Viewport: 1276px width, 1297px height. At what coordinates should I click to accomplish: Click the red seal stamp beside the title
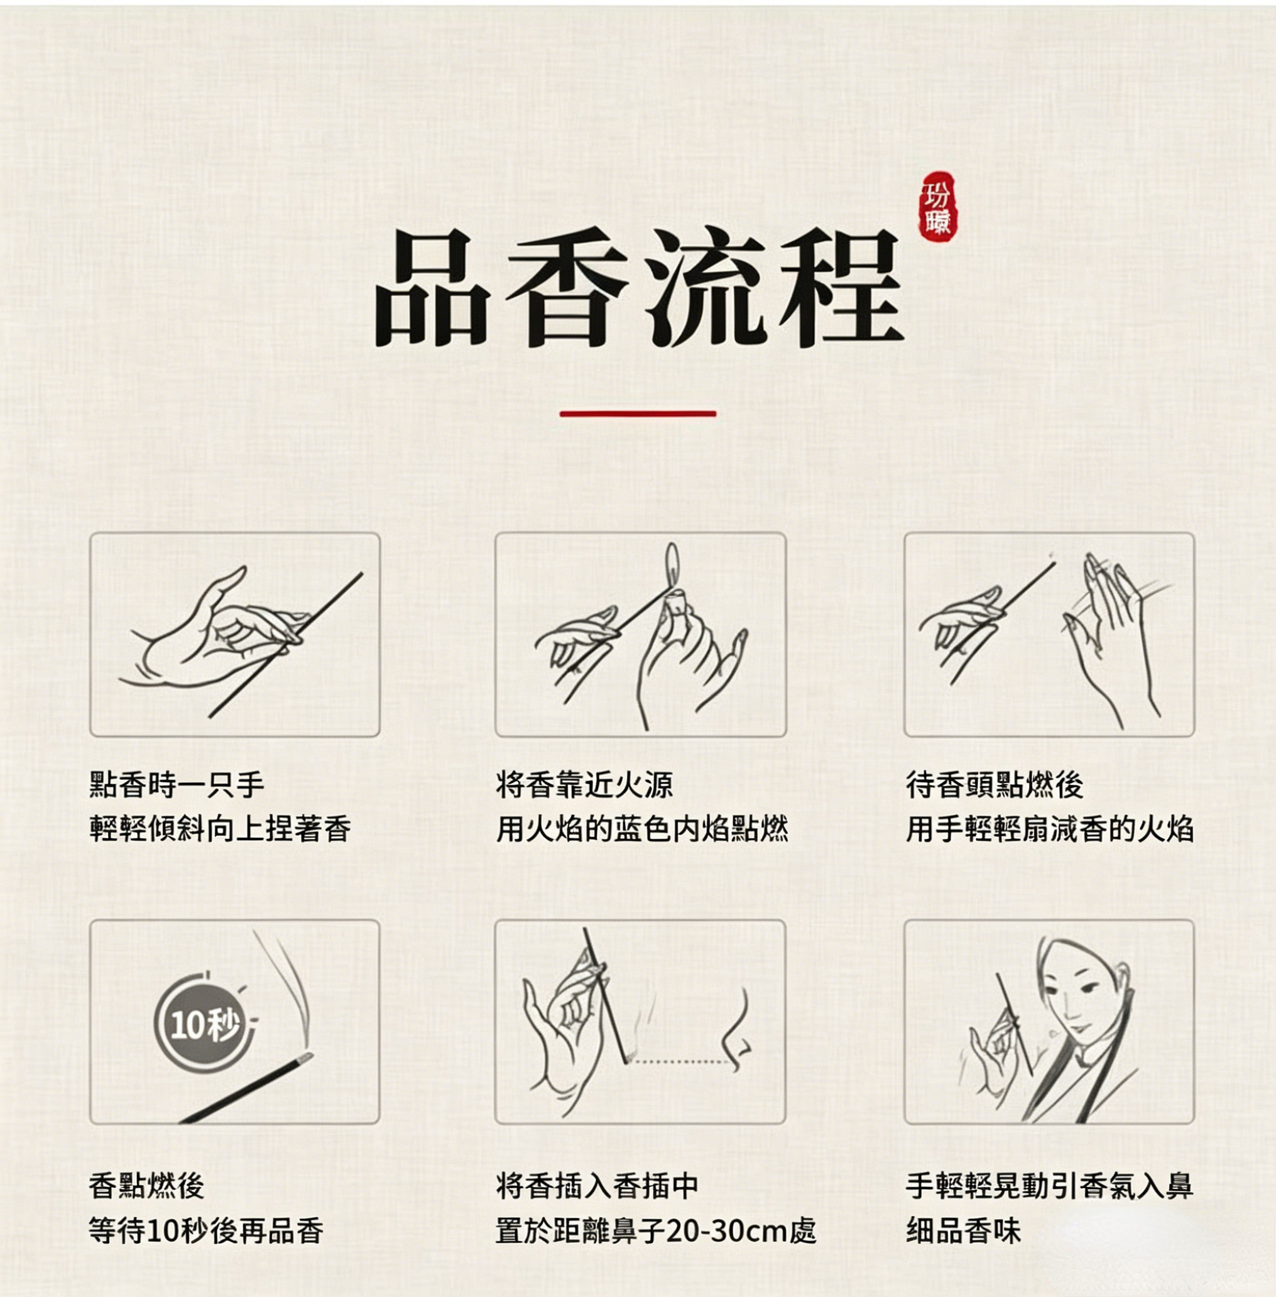[937, 207]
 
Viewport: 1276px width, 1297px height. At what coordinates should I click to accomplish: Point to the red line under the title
[638, 413]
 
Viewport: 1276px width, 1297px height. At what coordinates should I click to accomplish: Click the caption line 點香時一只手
[177, 785]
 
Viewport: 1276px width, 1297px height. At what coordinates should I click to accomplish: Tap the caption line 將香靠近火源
[584, 785]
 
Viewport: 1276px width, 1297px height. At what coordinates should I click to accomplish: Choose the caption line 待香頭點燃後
[994, 785]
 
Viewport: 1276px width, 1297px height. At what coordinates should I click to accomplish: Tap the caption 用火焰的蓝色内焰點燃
[642, 829]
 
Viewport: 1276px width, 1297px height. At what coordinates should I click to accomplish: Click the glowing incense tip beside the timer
[305, 1058]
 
